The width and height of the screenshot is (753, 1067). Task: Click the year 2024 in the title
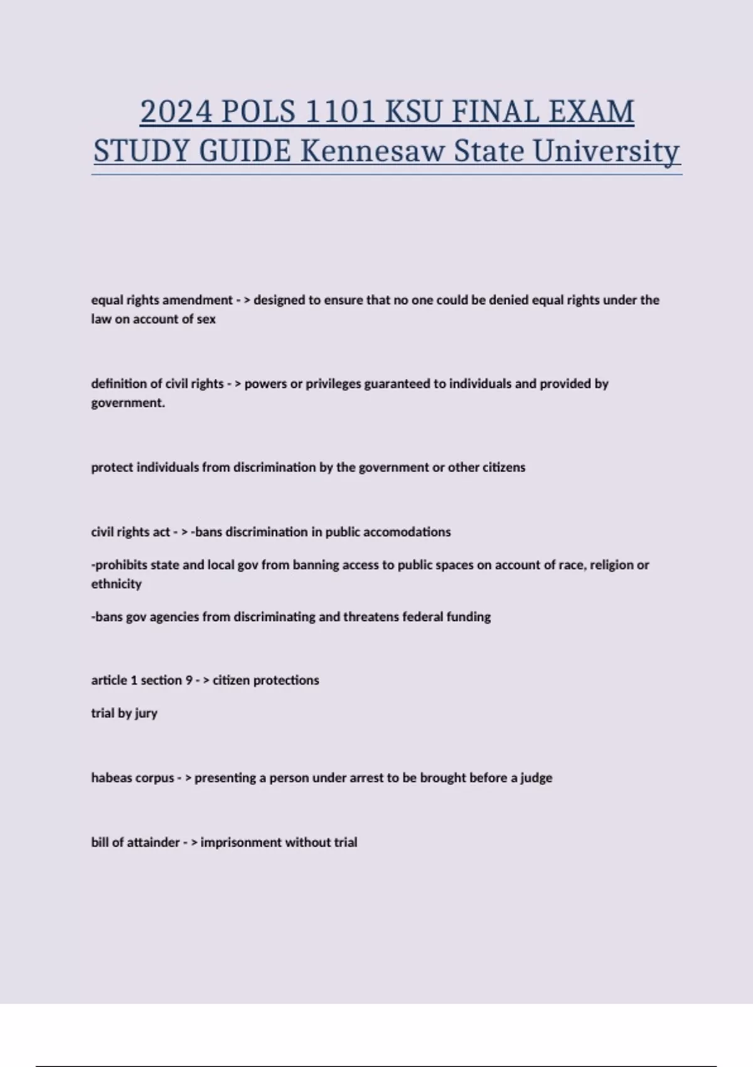point(176,112)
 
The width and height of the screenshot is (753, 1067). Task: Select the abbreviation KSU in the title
point(413,112)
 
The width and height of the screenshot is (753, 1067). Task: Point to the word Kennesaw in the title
point(373,151)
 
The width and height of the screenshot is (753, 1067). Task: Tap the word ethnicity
point(117,584)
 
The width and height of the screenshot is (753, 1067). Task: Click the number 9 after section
point(188,680)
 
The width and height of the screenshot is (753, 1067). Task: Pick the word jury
point(146,714)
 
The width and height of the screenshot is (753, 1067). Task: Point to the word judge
point(537,778)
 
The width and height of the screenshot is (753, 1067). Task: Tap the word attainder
point(153,842)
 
